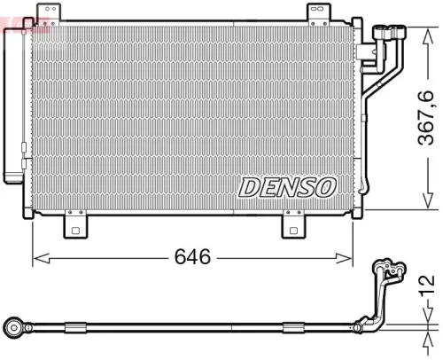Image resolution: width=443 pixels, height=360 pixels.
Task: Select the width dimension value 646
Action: click(x=192, y=257)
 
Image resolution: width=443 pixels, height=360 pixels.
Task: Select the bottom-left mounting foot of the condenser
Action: click(x=78, y=227)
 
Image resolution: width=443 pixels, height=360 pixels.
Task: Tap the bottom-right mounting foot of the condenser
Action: click(x=295, y=227)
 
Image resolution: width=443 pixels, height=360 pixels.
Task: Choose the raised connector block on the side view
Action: click(x=387, y=275)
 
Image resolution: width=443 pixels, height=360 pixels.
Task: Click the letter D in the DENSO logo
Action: click(x=248, y=187)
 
